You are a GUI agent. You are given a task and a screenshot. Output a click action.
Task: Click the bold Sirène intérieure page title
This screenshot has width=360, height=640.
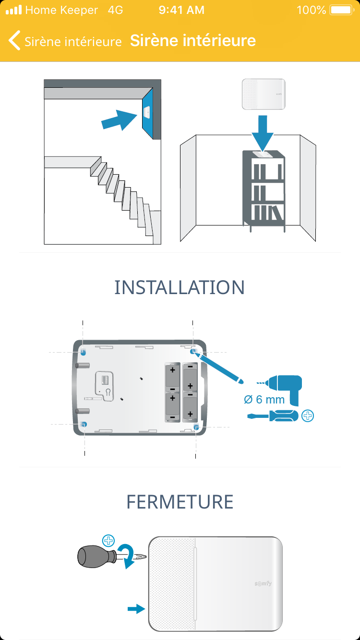(x=192, y=41)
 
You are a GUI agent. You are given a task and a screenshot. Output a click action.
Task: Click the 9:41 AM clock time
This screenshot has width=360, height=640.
(x=181, y=10)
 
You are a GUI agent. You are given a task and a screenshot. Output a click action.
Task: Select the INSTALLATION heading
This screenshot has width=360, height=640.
(x=180, y=287)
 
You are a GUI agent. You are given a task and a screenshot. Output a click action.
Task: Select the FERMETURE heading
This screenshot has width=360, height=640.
(x=180, y=502)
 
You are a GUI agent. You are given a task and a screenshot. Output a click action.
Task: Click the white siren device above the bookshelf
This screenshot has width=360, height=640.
(x=264, y=95)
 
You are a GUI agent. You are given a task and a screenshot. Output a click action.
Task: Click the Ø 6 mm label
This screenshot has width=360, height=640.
(x=264, y=399)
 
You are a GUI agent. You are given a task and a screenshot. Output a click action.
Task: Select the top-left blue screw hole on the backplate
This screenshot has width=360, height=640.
(x=84, y=352)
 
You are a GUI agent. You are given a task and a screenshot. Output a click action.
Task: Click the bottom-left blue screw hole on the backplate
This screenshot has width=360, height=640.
(x=84, y=425)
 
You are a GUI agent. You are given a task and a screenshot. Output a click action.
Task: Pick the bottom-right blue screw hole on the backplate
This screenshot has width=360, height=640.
(x=196, y=426)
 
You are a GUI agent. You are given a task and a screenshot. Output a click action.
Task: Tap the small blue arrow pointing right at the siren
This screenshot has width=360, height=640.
(x=136, y=609)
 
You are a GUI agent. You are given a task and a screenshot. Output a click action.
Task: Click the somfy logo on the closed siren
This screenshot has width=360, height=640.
(x=263, y=583)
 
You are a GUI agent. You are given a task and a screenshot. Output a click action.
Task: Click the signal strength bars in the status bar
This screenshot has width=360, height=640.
(x=14, y=10)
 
